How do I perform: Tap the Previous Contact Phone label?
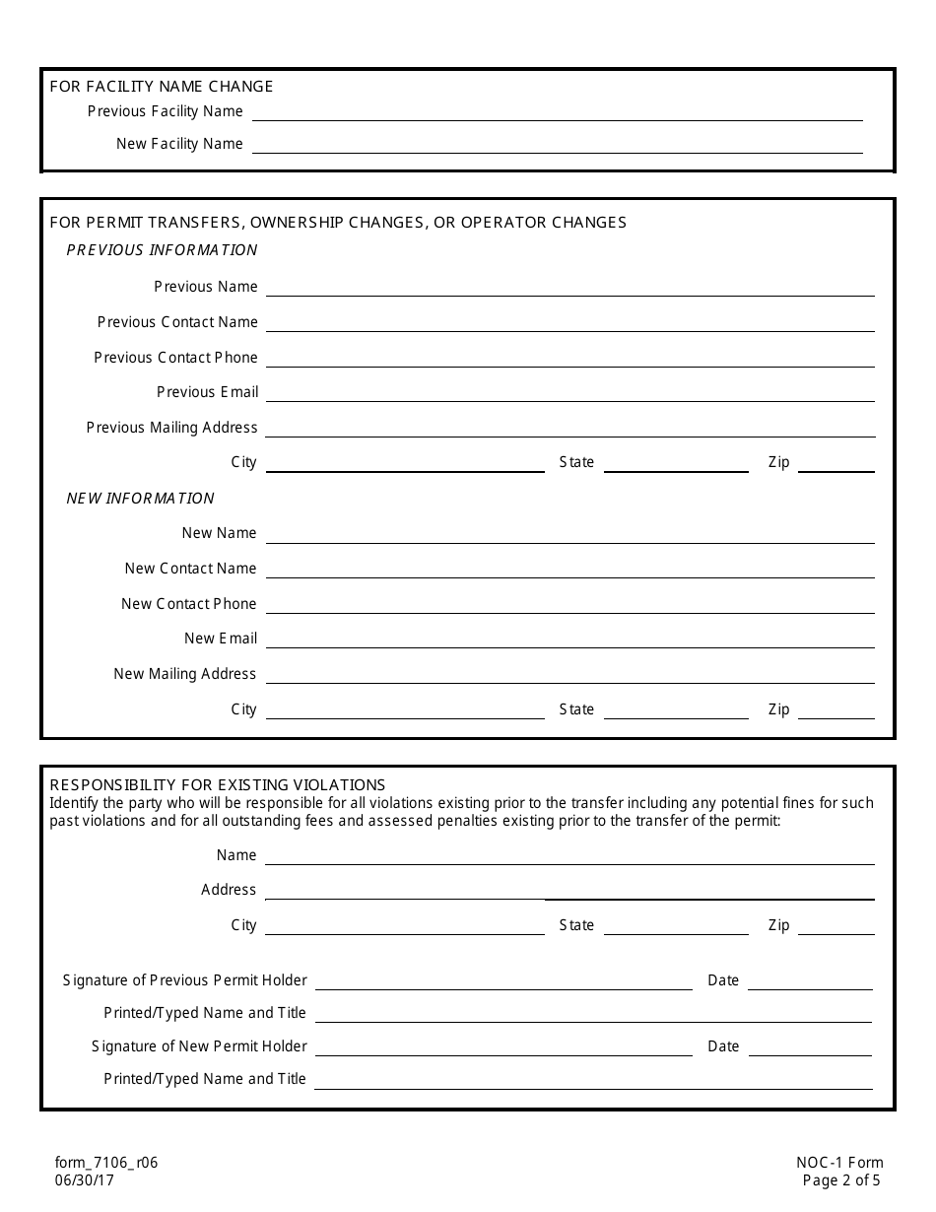[175, 358]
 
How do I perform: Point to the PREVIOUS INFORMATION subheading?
[162, 250]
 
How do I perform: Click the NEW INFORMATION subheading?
[140, 499]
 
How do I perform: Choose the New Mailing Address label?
[184, 674]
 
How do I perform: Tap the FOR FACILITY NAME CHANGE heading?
[162, 87]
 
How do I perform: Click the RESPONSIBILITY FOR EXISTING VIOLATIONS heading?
[218, 785]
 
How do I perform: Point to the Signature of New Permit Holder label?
[199, 1046]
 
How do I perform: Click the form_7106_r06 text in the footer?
[106, 1163]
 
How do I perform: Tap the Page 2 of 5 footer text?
[841, 1180]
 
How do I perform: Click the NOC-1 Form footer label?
[839, 1163]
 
